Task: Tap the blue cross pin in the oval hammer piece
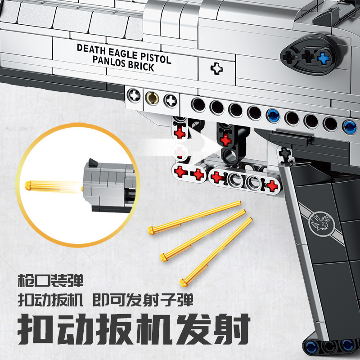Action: pos(323,57)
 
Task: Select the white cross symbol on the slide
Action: pos(217,69)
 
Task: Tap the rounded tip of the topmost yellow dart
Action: pos(151,230)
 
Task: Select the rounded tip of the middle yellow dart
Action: pos(163,257)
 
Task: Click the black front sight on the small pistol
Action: pos(92,161)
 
